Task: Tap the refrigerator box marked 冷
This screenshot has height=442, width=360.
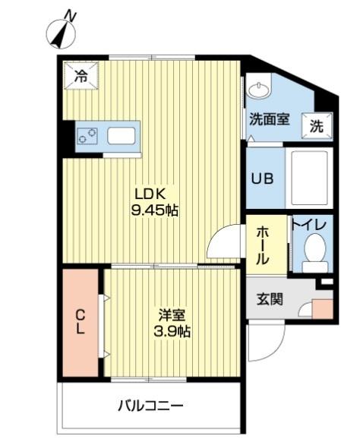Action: (x=81, y=74)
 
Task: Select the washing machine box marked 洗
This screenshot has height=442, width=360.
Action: (x=315, y=126)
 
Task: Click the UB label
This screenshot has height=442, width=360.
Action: (x=264, y=180)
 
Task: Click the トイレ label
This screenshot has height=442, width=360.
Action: (x=310, y=226)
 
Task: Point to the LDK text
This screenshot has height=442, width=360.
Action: (x=150, y=192)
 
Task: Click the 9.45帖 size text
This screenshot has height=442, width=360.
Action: (x=156, y=210)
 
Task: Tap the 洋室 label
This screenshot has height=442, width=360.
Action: (x=171, y=314)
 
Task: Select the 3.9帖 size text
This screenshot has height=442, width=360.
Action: (x=172, y=332)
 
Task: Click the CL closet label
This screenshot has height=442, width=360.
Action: (x=80, y=321)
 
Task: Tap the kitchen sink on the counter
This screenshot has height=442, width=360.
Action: (x=121, y=137)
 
